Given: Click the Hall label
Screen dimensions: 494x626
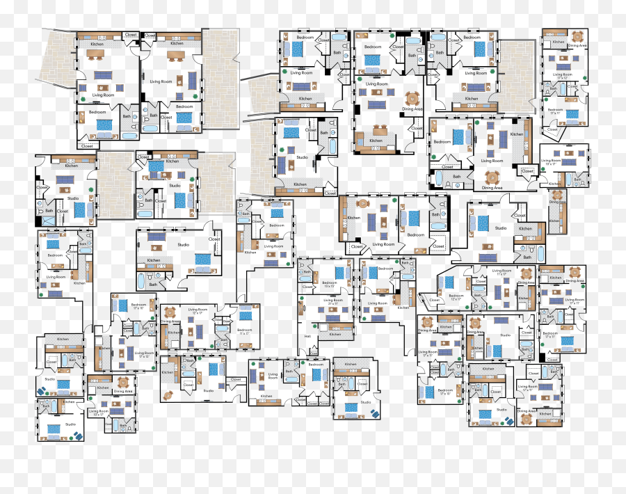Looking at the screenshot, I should coord(307,336).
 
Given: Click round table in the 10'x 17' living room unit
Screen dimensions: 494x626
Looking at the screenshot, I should coord(123,382).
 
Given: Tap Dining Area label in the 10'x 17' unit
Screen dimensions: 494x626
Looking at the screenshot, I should coord(123,391).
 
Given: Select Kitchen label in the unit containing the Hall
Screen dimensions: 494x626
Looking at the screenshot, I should coord(335,334).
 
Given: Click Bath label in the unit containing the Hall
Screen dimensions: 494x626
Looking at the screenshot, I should coord(307,272).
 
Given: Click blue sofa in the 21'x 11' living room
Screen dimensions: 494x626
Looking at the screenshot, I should coord(332,318).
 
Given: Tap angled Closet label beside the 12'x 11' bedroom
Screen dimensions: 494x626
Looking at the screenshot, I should coord(435,300).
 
